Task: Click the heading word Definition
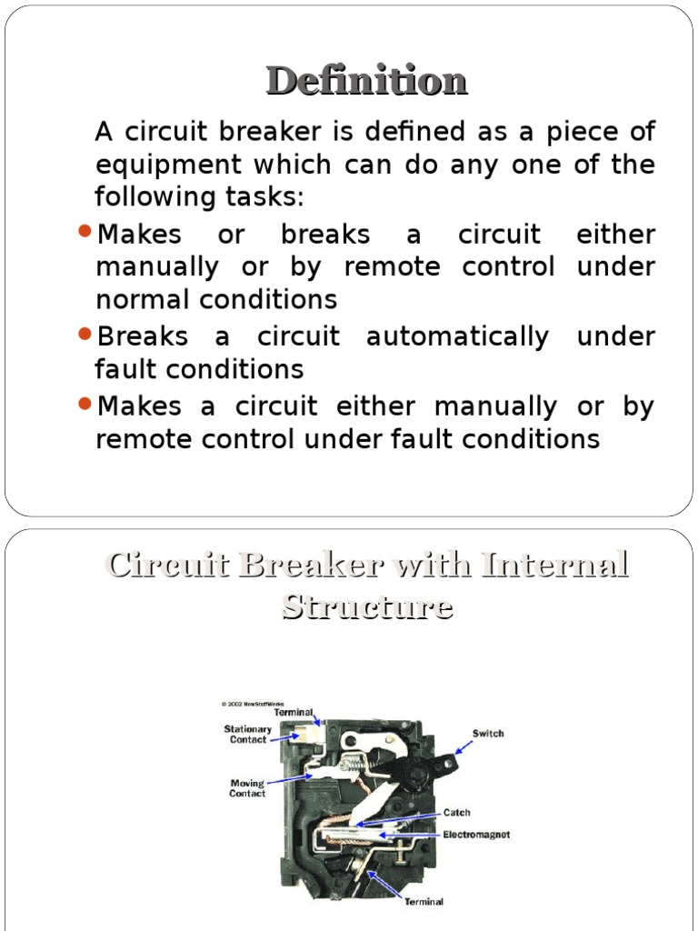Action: [x=366, y=81]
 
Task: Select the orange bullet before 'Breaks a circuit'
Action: [x=84, y=334]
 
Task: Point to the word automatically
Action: [x=457, y=337]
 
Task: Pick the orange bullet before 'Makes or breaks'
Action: [x=84, y=232]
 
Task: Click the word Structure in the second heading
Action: [x=367, y=606]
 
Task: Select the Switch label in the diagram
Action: [x=487, y=734]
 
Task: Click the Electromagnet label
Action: [x=476, y=835]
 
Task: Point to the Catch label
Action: [x=457, y=813]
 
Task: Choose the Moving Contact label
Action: [x=247, y=788]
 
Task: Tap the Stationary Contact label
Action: [x=248, y=735]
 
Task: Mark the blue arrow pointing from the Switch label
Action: [x=464, y=746]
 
